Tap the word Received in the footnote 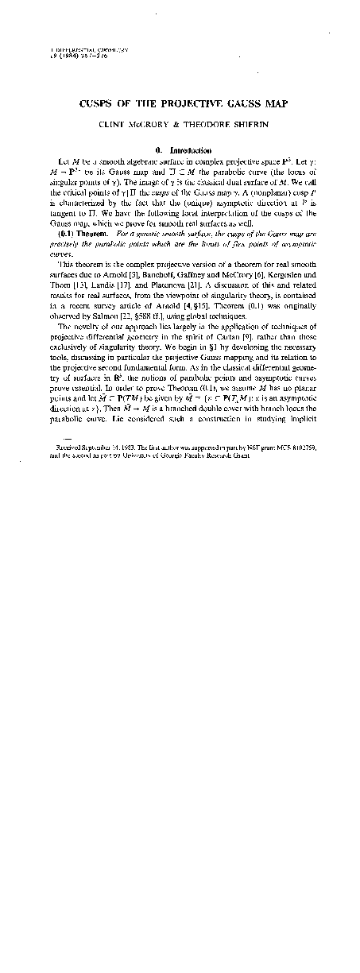(x=65, y=448)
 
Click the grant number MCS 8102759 (x=294, y=448)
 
